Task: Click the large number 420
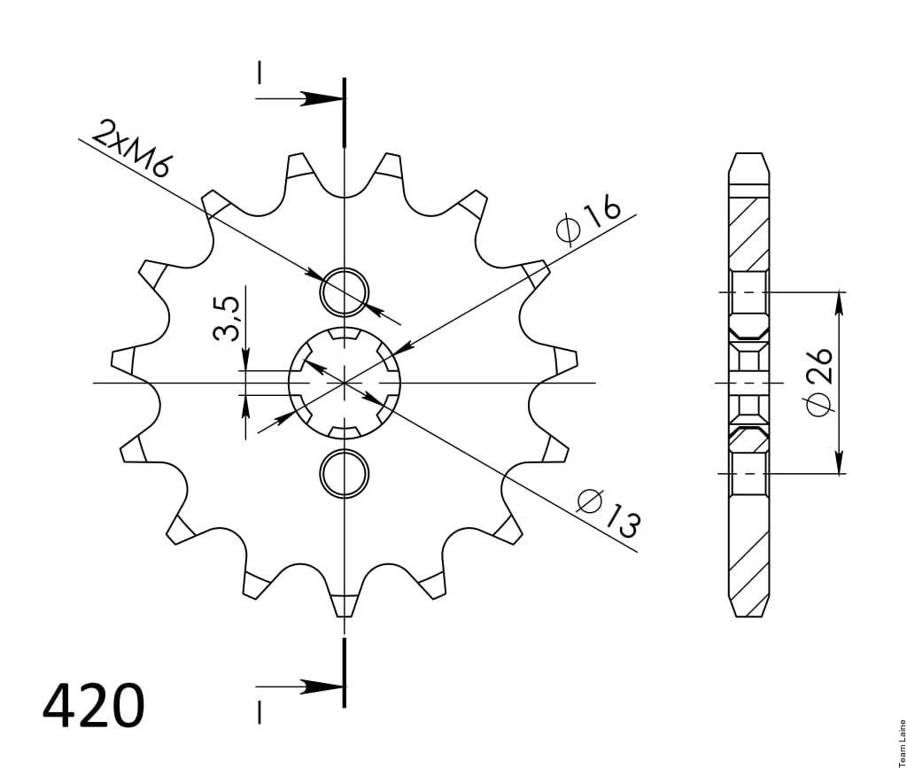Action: tap(93, 706)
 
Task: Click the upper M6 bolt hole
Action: tap(345, 292)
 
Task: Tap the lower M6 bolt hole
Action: tap(345, 474)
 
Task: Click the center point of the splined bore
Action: tap(345, 383)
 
